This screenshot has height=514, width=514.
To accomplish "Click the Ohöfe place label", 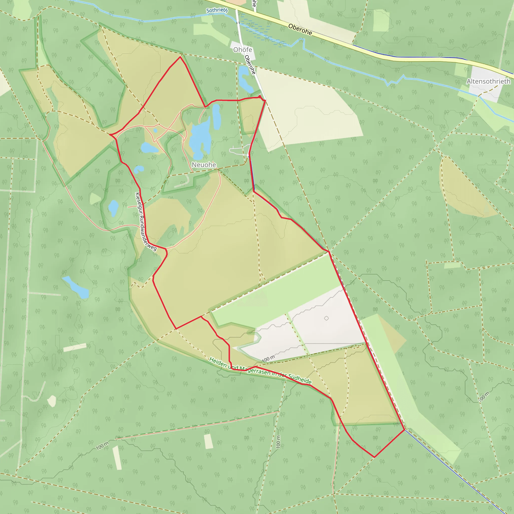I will [x=242, y=50].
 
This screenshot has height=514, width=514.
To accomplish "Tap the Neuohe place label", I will [x=204, y=165].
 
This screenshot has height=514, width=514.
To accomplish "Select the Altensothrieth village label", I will [x=488, y=81].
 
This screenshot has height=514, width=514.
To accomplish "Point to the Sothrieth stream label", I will [x=217, y=10].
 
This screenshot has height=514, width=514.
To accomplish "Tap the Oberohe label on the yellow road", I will [x=300, y=30].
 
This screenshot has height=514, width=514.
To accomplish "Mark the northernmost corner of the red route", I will [x=180, y=57].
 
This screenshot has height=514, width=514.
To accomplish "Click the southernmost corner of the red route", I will [x=374, y=457].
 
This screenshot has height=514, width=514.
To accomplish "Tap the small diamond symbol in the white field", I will [x=327, y=318].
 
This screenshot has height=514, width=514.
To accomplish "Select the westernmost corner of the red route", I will [x=110, y=135].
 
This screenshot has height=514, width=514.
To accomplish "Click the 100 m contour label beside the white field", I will [x=268, y=359].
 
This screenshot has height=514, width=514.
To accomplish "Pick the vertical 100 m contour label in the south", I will [x=278, y=442].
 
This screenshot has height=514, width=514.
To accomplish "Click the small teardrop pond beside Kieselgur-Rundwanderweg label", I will [x=113, y=208].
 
